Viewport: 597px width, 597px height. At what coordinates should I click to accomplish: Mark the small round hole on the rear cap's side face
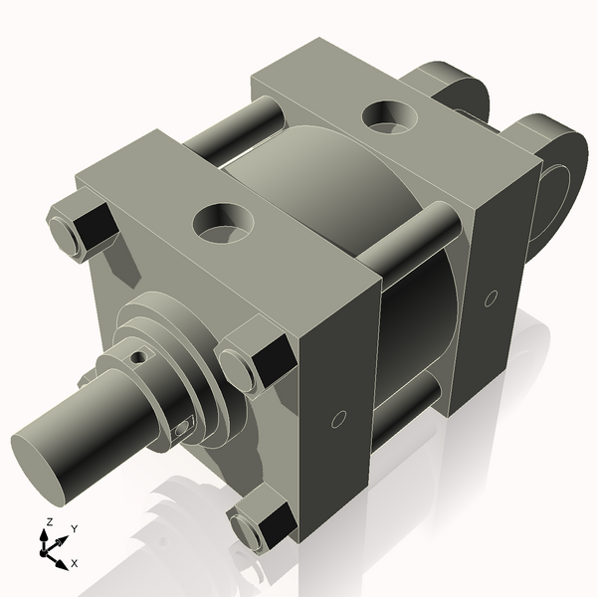coord(490,297)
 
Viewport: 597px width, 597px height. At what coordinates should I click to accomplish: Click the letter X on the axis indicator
coord(75,563)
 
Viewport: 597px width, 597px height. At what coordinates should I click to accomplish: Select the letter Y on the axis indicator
coord(74,528)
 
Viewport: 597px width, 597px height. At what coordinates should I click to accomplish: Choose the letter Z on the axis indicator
coord(48,521)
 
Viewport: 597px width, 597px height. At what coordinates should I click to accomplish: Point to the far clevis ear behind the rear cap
coord(453,85)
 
